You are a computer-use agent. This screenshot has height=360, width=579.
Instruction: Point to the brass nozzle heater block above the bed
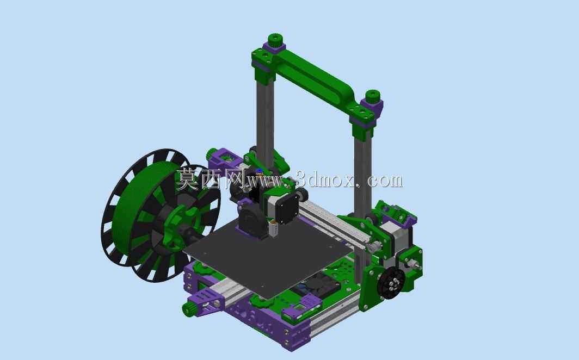(274, 229)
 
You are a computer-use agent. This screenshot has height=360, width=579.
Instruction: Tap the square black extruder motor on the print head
(287, 208)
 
